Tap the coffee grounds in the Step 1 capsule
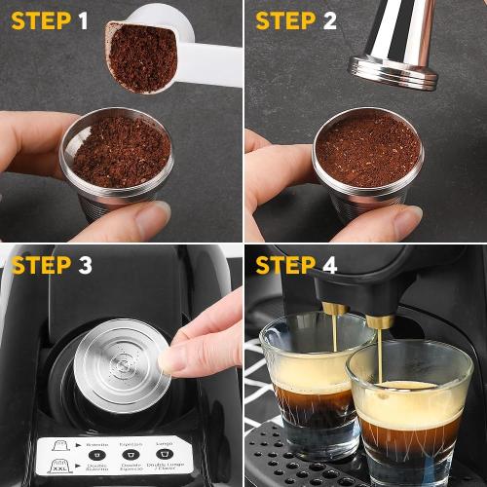click(122, 151)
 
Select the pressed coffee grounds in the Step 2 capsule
click(368, 151)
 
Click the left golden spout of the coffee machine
click(334, 310)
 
